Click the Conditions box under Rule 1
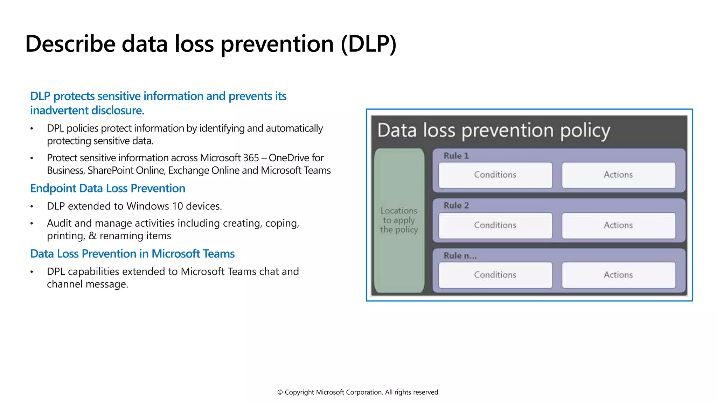click(495, 175)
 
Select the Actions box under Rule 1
click(618, 175)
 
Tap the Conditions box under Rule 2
click(495, 225)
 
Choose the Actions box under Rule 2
click(618, 225)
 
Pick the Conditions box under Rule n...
click(495, 275)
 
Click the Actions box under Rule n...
click(618, 275)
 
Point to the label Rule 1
click(456, 156)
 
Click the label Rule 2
click(456, 206)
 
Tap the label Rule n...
click(460, 256)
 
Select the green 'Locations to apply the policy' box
click(399, 220)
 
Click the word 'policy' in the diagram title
click(585, 131)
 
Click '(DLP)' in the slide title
click(368, 44)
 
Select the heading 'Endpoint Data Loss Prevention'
click(107, 189)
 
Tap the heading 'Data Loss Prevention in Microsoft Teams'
click(132, 254)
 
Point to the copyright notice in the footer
click(358, 392)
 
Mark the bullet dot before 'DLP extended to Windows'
click(32, 207)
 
